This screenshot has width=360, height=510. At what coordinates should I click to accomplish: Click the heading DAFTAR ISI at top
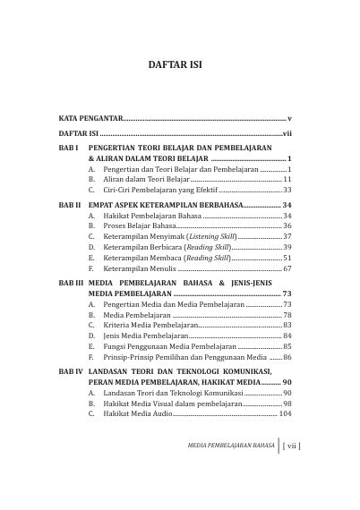click(x=179, y=64)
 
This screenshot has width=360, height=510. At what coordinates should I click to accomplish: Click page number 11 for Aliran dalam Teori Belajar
click(x=287, y=179)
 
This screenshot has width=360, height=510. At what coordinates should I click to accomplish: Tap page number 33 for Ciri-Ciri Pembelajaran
click(x=287, y=191)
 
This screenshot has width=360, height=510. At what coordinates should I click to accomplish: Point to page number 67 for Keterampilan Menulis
click(x=287, y=268)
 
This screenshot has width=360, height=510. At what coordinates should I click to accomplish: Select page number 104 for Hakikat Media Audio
click(x=285, y=415)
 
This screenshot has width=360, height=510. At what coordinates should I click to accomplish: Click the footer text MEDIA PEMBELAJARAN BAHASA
click(x=225, y=467)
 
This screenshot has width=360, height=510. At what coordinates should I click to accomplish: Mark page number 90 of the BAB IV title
click(x=287, y=381)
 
